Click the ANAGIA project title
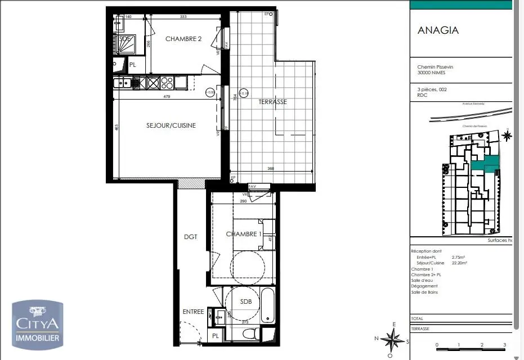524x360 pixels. tap(438, 30)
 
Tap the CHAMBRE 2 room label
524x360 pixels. tap(183, 39)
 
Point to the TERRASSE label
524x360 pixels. tap(272, 102)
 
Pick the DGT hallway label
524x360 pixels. tap(191, 237)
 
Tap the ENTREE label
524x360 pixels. tap(193, 312)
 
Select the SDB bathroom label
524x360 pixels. tap(246, 301)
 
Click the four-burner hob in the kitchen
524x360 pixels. tap(167, 83)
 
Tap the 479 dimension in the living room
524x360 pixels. tap(167, 96)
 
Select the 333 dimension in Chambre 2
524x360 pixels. tap(183, 17)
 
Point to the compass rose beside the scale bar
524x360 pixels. tap(393, 339)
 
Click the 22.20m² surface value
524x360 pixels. tap(460, 263)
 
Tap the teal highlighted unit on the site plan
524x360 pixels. tap(485, 163)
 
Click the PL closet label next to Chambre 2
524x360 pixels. tap(133, 65)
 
